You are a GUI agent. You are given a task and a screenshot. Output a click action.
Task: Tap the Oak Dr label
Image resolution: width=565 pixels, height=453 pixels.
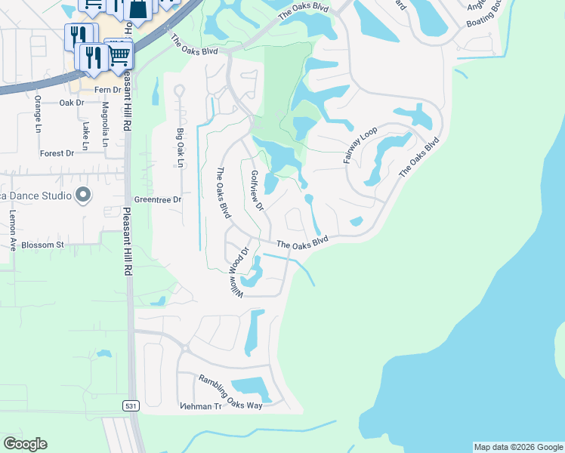(70, 103)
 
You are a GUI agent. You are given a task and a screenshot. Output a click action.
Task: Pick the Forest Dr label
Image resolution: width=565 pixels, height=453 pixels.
(57, 153)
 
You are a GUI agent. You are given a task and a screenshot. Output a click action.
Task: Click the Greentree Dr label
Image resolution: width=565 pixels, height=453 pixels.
(158, 200)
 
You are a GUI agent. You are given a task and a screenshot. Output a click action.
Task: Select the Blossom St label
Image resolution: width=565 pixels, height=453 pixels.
(43, 245)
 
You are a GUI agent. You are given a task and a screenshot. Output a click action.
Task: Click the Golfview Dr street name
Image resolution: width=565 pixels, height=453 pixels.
(255, 190)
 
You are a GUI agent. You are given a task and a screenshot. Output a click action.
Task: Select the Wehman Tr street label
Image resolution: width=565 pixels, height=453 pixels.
(200, 407)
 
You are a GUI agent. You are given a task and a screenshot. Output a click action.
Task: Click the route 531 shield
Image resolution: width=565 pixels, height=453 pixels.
(131, 405)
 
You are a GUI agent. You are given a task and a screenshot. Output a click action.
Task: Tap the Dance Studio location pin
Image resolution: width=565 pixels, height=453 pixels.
(83, 196)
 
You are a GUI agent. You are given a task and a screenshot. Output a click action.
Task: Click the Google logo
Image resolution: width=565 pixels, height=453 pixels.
(25, 444)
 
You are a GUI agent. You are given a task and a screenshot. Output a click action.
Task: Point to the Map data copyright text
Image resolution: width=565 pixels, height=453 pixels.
(517, 447)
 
